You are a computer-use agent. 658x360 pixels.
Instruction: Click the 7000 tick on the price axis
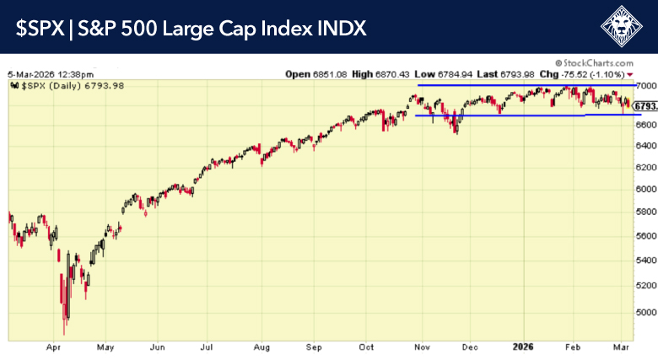[645, 86]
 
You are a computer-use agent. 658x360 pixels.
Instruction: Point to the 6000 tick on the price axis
[645, 189]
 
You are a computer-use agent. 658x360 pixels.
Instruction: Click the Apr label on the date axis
[55, 347]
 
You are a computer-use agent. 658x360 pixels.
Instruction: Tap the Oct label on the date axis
[367, 347]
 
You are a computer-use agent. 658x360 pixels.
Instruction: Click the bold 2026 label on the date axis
[523, 347]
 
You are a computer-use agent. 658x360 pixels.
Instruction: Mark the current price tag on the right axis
[645, 106]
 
